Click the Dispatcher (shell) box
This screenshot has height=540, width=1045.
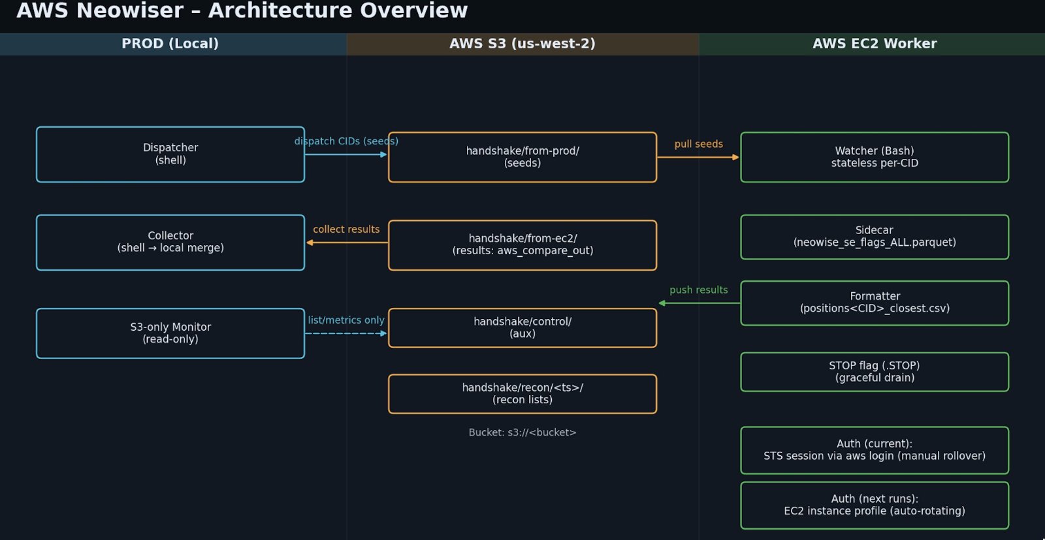(x=170, y=154)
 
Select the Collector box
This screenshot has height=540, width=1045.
(x=170, y=242)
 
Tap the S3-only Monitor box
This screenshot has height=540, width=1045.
(x=170, y=333)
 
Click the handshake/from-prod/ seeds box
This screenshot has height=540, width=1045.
(x=522, y=157)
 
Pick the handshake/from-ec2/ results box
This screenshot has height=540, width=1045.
(x=522, y=245)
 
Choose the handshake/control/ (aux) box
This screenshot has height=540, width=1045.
(x=522, y=328)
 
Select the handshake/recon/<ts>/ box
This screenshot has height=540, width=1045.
(x=522, y=394)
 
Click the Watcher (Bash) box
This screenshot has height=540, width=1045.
(x=874, y=157)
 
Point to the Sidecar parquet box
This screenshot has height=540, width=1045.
(x=874, y=237)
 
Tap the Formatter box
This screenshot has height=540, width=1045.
(x=874, y=303)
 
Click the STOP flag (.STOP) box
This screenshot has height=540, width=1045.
(x=874, y=371)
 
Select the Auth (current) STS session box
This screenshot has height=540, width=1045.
(x=874, y=450)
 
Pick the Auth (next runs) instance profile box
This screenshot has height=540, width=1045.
(x=874, y=505)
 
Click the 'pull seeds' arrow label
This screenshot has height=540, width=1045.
(x=698, y=144)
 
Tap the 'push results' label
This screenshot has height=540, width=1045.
(x=698, y=290)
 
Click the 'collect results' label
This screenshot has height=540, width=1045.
(x=346, y=229)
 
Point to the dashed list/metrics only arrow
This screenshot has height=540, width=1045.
(x=346, y=333)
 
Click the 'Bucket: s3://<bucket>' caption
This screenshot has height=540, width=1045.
(x=522, y=432)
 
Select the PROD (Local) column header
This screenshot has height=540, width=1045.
(x=170, y=44)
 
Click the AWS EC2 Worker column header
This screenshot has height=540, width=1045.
(x=874, y=44)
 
